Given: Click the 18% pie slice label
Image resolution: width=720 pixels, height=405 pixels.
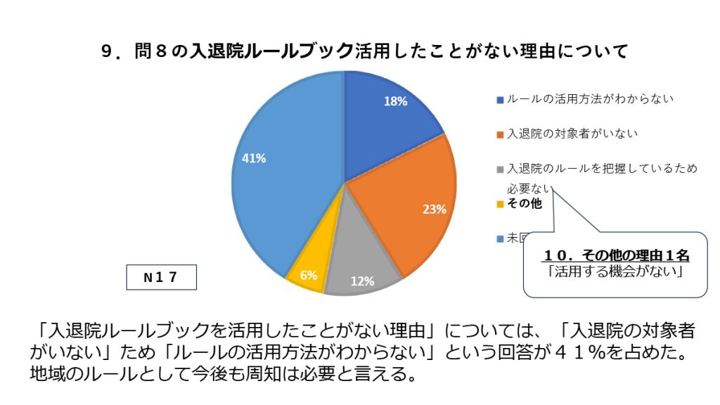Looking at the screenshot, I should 395,101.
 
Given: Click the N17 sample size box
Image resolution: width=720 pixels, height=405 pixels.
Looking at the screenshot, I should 161,277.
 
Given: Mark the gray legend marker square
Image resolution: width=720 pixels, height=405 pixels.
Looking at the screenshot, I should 500,169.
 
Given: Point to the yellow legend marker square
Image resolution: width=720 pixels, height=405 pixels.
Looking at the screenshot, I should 500,205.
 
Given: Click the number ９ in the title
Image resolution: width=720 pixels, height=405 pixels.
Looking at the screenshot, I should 108,51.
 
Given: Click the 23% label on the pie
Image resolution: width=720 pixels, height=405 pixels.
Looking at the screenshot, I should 435,209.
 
